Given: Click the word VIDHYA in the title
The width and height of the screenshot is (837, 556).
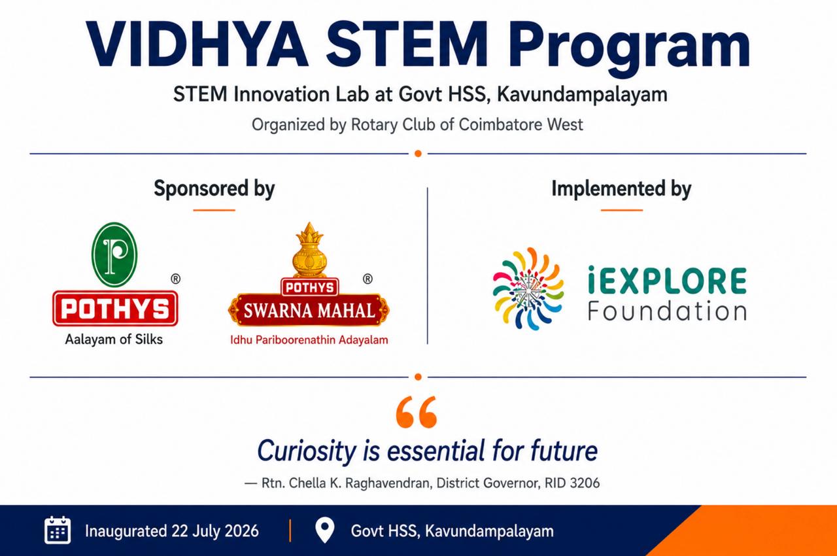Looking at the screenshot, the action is pos(197,45).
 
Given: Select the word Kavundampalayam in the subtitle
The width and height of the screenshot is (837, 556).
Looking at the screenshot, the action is pos(582,95).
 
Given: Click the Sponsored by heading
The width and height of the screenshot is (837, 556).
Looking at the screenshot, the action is pos(214,188).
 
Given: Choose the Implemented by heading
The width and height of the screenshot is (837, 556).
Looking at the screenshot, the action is pos(621,188).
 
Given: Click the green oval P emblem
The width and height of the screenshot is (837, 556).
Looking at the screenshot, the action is pos(114,254).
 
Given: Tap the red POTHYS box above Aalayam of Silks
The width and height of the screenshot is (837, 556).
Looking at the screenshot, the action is pos(115,309).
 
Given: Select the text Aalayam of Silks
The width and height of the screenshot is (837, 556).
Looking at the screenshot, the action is pos(114,339).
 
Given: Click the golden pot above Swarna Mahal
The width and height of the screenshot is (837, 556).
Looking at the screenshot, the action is pos(309,250).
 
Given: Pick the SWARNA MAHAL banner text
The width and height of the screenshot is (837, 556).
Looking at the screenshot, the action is pos(309,311).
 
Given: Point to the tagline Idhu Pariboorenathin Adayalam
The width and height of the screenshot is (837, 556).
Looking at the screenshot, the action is pos(309,340).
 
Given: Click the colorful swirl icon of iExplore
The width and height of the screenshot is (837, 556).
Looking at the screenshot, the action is pos(528,289).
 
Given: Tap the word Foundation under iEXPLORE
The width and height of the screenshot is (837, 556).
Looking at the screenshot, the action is pos(668,311).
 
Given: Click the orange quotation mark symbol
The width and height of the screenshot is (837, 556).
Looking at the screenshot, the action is pos(417,412).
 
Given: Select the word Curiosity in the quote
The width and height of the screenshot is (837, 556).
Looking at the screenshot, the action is pos(307,451).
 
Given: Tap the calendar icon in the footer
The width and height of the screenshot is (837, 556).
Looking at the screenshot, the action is pos(58,530).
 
